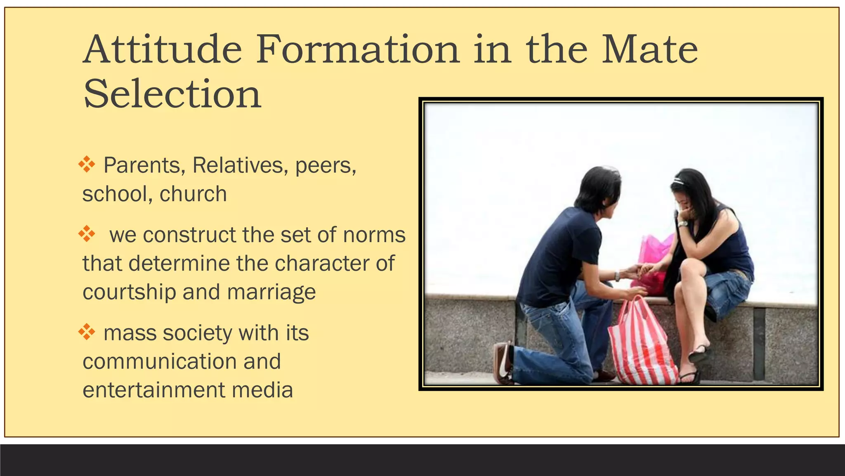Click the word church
coord(193,194)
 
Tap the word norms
coord(374,235)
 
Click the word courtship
coord(129,292)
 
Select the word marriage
coord(271,292)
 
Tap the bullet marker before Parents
coord(87,164)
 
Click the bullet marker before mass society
coord(87,332)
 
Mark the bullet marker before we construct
coord(87,234)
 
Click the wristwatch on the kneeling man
coord(617,276)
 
